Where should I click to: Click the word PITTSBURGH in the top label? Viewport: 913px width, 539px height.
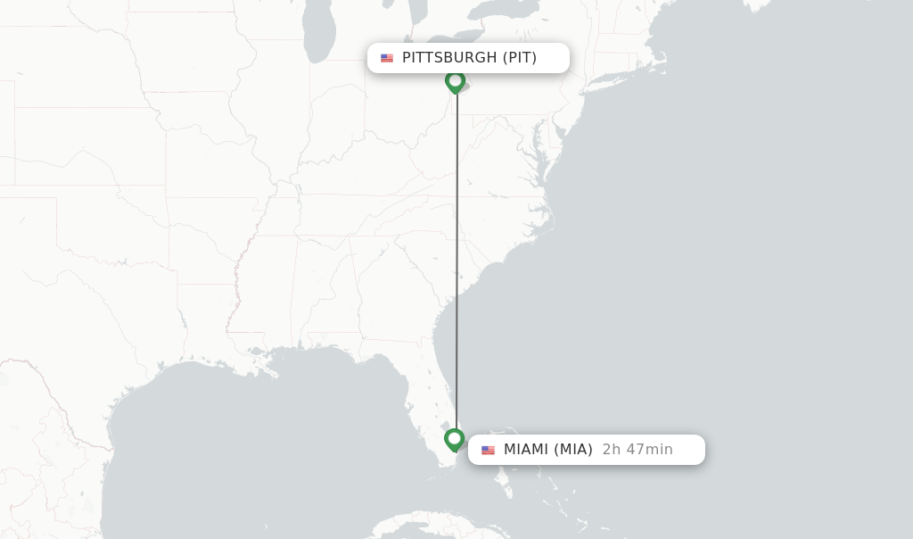coord(449,58)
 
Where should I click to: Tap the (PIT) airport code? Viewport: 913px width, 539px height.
coord(520,58)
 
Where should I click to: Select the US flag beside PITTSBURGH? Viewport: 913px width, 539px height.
coord(387,58)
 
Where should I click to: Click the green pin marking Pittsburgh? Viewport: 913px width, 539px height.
coord(456,81)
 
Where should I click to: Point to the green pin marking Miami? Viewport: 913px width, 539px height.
coord(455,439)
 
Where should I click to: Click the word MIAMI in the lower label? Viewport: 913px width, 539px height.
coord(526,450)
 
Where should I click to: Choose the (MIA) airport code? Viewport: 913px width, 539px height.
coord(573,450)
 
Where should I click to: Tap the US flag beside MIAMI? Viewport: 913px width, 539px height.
coord(488,450)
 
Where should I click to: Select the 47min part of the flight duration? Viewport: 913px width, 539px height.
coord(650,450)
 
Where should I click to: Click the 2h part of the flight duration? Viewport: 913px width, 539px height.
coord(610,450)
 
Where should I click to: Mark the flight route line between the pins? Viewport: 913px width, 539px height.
coord(456,268)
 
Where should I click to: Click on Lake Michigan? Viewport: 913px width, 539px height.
coord(319,36)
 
